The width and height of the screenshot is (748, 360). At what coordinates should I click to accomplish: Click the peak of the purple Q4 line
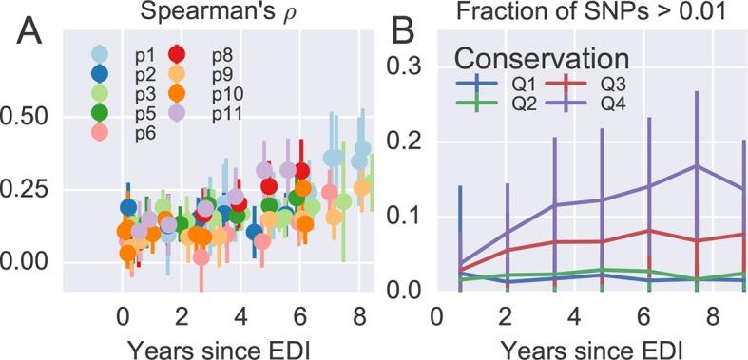coord(698,165)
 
